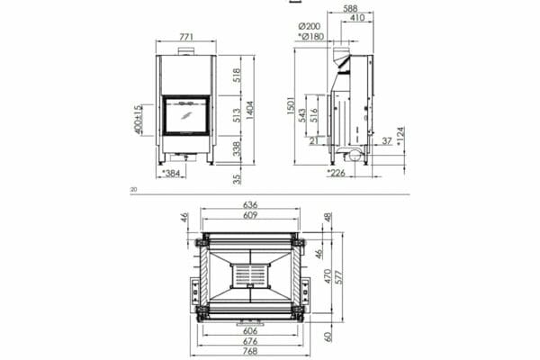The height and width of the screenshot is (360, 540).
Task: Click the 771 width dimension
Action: tap(186, 37)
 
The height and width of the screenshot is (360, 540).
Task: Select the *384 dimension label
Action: tap(171, 173)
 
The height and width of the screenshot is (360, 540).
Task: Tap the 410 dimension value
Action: tap(357, 17)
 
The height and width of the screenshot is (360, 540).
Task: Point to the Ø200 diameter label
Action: tap(313, 27)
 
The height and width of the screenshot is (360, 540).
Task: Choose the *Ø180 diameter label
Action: tap(311, 37)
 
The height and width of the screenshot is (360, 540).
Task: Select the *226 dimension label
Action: tap(337, 173)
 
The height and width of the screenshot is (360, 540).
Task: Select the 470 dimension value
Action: tap(328, 274)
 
